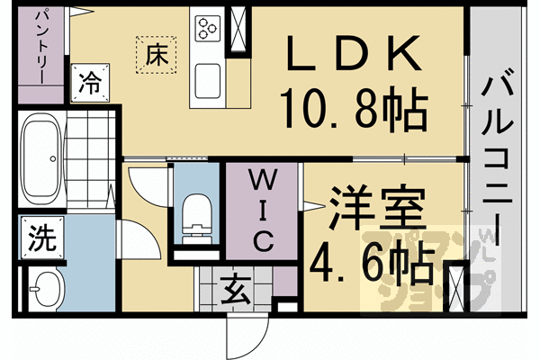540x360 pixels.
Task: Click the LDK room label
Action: pyautogui.click(x=354, y=52)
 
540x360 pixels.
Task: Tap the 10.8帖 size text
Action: pyautogui.click(x=354, y=108)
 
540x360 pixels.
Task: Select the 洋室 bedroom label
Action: pyautogui.click(x=377, y=209)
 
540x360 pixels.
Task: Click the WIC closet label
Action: pyautogui.click(x=263, y=211)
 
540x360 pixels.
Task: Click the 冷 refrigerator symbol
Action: pyautogui.click(x=90, y=83)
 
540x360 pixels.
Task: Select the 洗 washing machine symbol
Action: pyautogui.click(x=42, y=238)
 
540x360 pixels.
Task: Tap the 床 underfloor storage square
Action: pyautogui.click(x=156, y=54)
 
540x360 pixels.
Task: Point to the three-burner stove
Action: pyautogui.click(x=208, y=29)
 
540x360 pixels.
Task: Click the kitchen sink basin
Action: pyautogui.click(x=208, y=81)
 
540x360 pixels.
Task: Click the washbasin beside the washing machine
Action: pyautogui.click(x=46, y=289)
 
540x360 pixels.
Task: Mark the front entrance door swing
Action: pyautogui.click(x=247, y=337)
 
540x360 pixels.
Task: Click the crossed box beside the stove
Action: pyautogui.click(x=238, y=29)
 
